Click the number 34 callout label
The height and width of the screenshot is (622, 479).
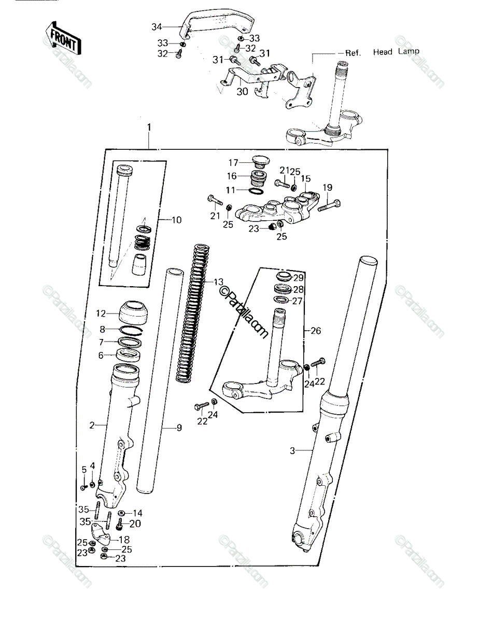[157, 27]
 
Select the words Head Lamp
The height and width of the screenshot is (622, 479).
[396, 52]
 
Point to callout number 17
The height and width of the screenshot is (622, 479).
[233, 163]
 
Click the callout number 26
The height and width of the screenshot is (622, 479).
[316, 331]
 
